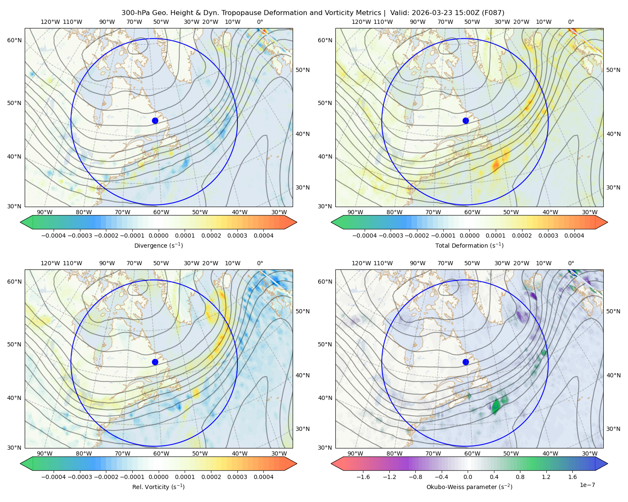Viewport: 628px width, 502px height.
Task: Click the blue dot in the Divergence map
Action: (155, 120)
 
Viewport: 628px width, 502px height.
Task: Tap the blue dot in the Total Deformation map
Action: (466, 120)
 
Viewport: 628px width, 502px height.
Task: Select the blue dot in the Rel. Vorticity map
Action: (155, 362)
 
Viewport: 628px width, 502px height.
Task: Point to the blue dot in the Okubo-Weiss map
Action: (466, 362)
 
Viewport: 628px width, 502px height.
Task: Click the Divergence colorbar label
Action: (158, 245)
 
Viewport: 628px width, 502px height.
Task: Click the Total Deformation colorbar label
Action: (469, 245)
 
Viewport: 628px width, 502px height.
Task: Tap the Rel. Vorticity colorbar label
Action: (158, 487)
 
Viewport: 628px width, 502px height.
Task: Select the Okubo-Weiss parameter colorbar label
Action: (469, 487)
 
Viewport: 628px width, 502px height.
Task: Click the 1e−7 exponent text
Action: (587, 485)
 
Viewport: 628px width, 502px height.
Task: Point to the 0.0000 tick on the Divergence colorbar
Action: (158, 236)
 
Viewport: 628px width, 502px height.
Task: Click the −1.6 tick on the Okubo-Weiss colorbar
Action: (363, 477)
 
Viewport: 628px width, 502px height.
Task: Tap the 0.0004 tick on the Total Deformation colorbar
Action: (574, 236)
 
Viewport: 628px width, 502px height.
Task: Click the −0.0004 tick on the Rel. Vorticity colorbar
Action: (54, 477)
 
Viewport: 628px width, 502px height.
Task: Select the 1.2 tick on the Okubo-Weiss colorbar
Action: (546, 477)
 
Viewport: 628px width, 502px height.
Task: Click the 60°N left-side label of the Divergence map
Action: (14, 40)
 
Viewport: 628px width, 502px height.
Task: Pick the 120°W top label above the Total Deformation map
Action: (361, 22)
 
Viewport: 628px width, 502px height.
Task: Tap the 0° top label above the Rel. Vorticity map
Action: (260, 263)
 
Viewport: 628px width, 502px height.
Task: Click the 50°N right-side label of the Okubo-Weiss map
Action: (613, 311)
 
